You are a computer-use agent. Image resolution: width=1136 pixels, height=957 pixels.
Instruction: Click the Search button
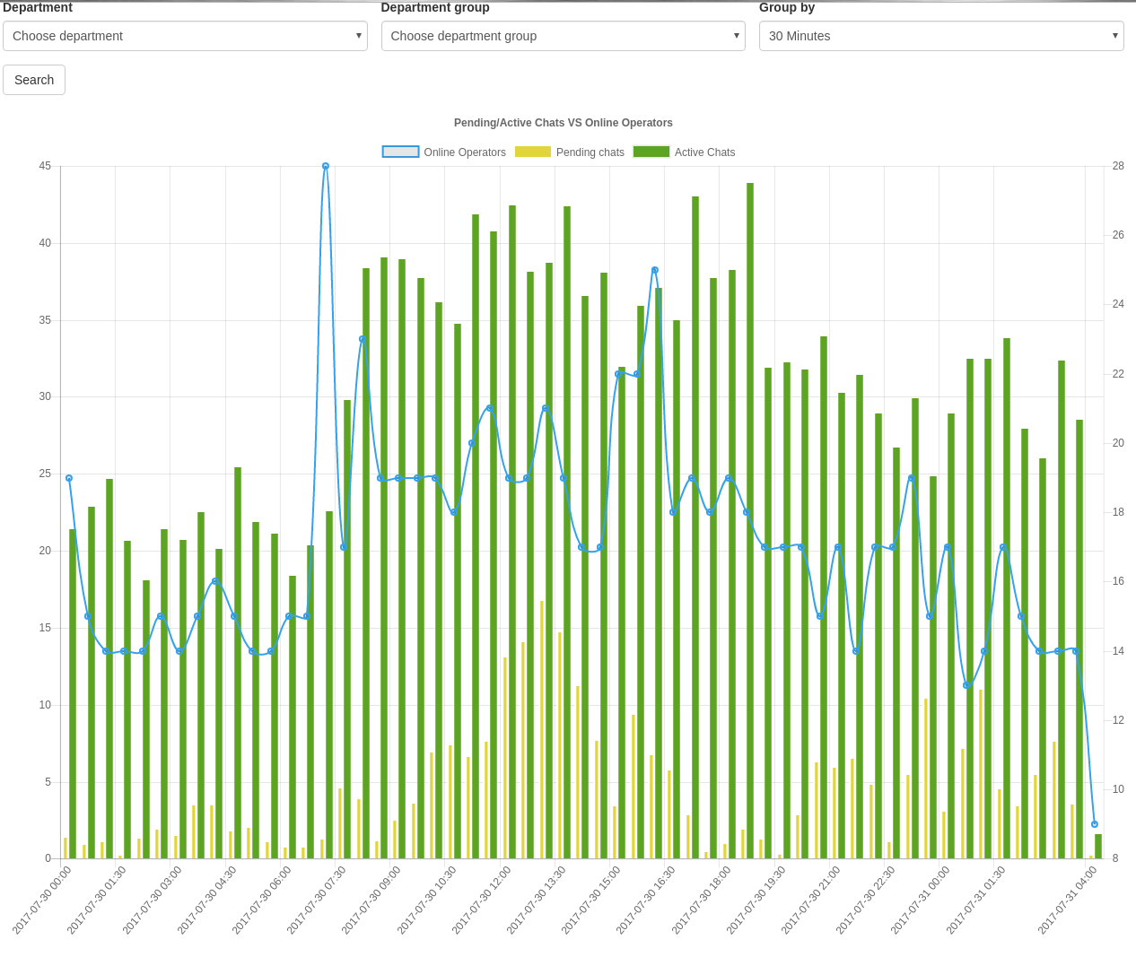(x=34, y=80)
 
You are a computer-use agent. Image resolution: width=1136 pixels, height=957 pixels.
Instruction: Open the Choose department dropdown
(x=185, y=36)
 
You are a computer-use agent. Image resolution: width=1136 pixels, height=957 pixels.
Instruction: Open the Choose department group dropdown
(x=563, y=36)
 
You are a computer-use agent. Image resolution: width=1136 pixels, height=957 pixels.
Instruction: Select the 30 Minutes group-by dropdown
(x=940, y=36)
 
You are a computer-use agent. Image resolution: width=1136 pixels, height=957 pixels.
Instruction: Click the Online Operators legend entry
(x=444, y=152)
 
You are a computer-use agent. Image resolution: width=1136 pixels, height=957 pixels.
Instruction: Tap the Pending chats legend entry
(x=570, y=152)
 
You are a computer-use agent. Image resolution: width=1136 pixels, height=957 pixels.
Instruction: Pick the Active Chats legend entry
(x=684, y=152)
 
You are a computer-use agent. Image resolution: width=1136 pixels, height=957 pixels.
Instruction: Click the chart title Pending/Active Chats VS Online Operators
(x=563, y=123)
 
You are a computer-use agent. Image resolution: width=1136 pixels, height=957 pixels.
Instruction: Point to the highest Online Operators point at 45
(x=326, y=166)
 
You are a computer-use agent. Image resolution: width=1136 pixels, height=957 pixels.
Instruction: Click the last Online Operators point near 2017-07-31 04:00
(x=1094, y=824)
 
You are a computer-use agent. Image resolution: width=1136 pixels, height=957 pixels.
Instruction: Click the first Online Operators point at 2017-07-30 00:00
(x=69, y=478)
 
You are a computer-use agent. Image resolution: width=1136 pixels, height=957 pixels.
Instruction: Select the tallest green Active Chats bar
(x=750, y=520)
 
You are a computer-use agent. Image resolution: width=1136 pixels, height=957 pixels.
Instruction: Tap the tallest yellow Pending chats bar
(x=542, y=730)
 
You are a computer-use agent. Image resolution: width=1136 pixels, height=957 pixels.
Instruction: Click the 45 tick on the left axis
(x=45, y=166)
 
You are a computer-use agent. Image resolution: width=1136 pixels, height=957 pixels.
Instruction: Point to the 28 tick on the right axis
(x=1118, y=166)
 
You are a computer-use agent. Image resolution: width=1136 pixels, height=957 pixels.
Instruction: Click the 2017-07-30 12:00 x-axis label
(x=483, y=899)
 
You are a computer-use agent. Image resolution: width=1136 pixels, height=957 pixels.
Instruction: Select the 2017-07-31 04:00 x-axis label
(x=1068, y=899)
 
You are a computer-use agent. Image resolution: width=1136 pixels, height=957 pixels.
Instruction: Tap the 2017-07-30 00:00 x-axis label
(x=43, y=899)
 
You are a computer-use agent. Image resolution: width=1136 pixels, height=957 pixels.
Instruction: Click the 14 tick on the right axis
(x=1118, y=651)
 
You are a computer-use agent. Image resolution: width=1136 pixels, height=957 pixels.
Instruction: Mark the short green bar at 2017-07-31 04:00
(x=1098, y=847)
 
